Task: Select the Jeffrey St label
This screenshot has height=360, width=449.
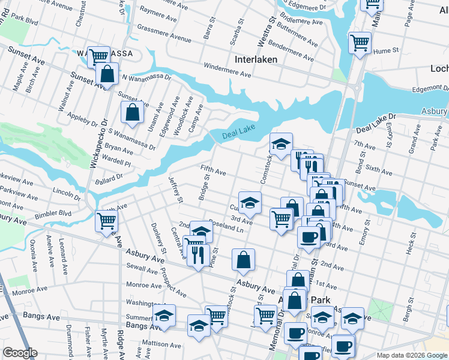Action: (175, 189)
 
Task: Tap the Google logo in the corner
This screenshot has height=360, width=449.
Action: (20, 353)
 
